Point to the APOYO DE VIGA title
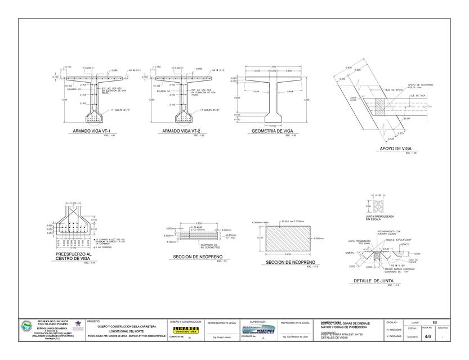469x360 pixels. [x=394, y=148]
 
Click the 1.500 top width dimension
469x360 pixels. [x=273, y=67]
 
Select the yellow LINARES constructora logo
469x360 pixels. [x=185, y=330]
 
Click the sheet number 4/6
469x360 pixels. [x=428, y=336]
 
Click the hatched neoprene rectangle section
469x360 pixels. [x=287, y=238]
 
